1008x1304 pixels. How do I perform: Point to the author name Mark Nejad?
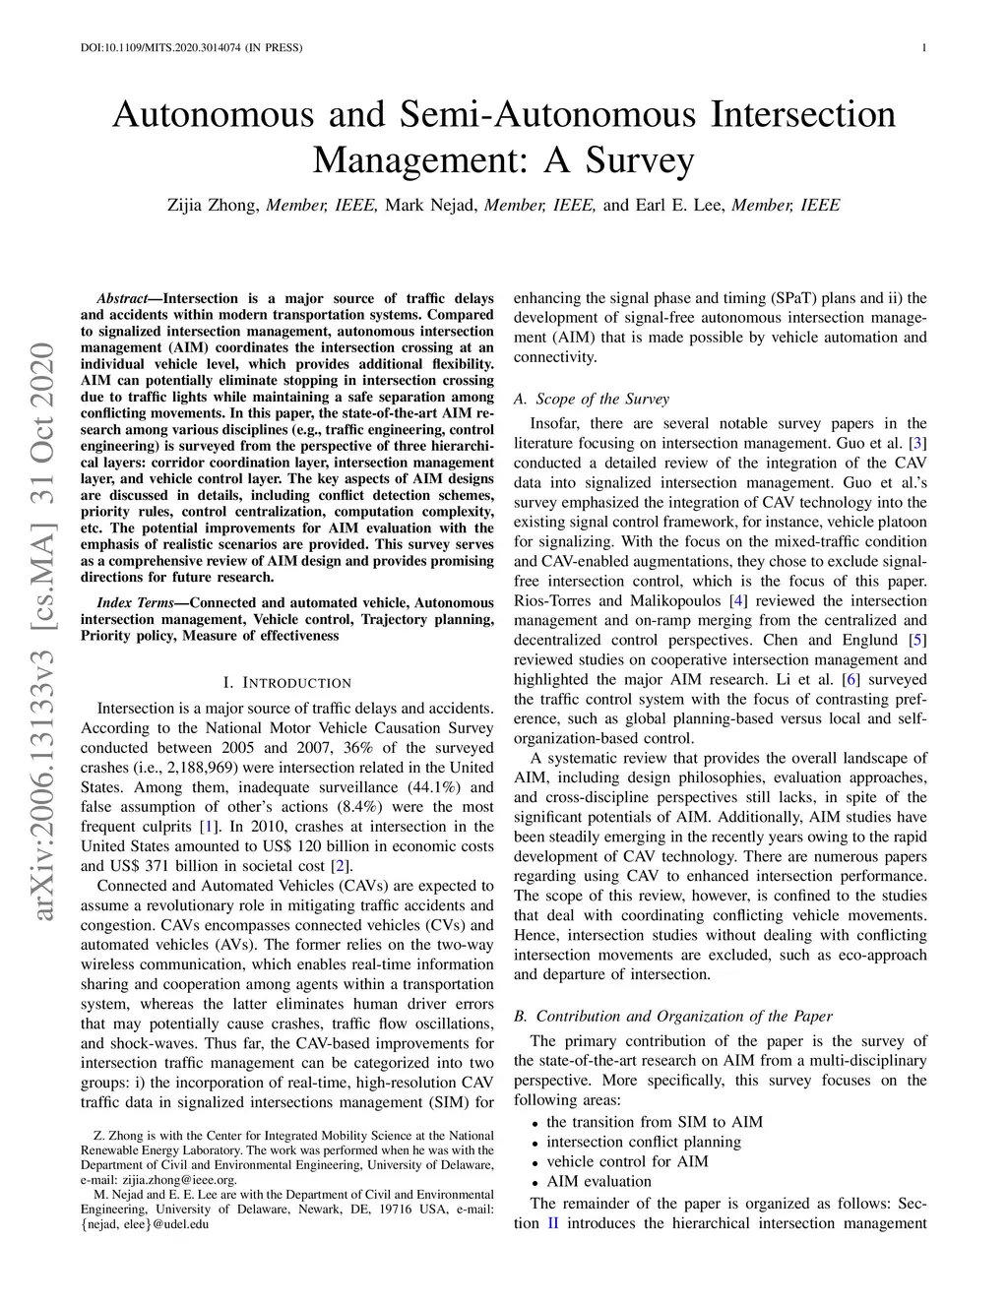pos(431,205)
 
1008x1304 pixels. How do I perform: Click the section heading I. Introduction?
pos(286,682)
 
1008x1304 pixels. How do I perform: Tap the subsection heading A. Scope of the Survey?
pos(591,399)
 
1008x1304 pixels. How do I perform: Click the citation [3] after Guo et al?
pos(917,443)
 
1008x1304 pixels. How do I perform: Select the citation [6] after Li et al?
pos(850,679)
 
